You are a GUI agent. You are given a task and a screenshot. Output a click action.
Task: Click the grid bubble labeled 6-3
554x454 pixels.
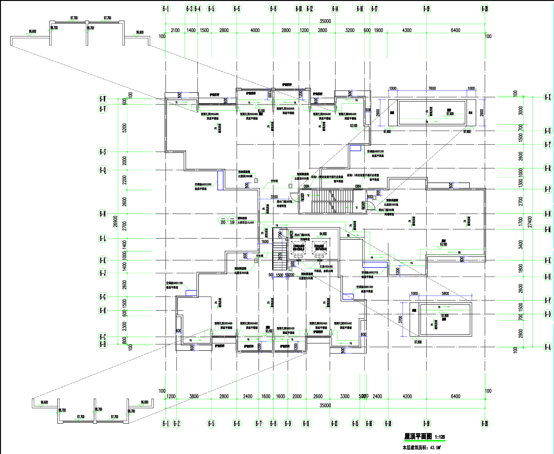pos(189,9)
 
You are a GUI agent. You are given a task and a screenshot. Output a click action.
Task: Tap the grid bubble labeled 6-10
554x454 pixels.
pos(299,9)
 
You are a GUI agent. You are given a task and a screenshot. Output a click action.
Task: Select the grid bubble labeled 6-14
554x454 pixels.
pos(335,9)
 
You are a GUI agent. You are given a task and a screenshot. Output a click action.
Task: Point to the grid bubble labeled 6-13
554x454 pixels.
pos(334,423)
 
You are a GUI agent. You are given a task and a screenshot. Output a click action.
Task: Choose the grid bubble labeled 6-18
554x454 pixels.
pos(388,423)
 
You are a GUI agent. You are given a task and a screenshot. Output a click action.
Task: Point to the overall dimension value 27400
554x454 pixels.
pos(530,222)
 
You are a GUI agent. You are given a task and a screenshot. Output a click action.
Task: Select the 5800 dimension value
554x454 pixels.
pos(445,293)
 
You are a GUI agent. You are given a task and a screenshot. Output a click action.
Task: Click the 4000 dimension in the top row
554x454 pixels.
pos(255,30)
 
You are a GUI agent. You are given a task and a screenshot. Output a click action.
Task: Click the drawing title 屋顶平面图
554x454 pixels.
pos(418,436)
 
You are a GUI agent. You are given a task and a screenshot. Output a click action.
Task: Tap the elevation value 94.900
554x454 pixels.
pos(323,234)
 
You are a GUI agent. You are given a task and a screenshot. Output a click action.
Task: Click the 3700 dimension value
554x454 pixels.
pos(400,319)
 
